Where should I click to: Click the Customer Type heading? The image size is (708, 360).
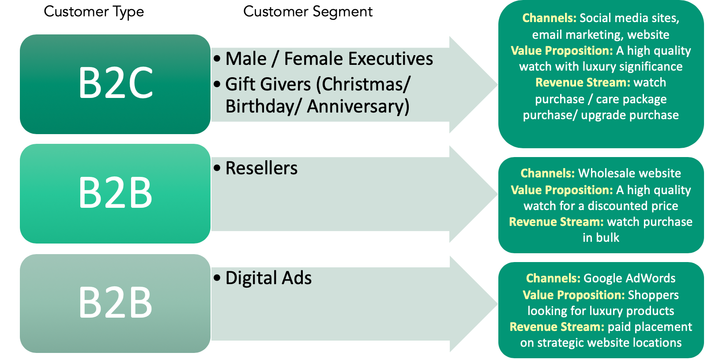[x=94, y=11]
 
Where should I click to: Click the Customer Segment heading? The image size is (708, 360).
[x=308, y=11]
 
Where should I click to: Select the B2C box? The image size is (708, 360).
[x=115, y=84]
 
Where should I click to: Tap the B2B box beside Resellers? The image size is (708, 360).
[x=115, y=193]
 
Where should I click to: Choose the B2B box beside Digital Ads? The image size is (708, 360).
[x=115, y=303]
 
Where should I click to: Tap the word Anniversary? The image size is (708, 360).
[x=358, y=106]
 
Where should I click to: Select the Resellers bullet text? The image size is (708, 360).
[x=261, y=168]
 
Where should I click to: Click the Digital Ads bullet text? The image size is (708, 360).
[x=268, y=278]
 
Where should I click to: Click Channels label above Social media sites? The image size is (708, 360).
[x=549, y=18]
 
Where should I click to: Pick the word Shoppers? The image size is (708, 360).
[x=653, y=295]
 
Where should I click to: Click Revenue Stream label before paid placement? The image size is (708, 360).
[x=557, y=327]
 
